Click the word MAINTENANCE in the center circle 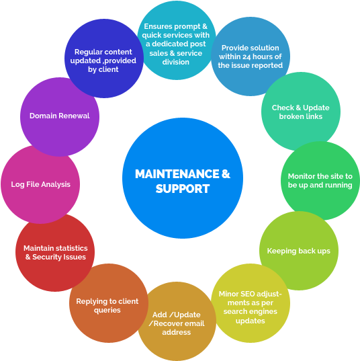tap(177, 174)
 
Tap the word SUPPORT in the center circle tap(183, 189)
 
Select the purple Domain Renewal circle tap(60, 117)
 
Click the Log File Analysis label tap(41, 184)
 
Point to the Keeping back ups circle tap(299, 251)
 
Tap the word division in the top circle tap(176, 62)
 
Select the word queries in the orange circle tap(107, 311)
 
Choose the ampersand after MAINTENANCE tap(226, 174)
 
